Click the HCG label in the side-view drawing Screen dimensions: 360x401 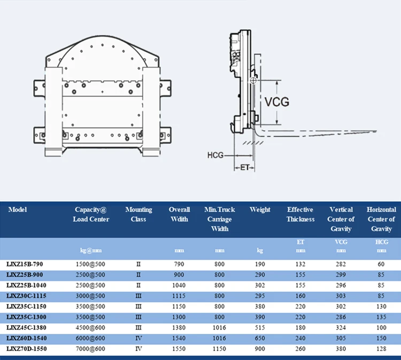coord(215,155)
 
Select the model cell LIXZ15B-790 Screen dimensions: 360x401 coord(25,264)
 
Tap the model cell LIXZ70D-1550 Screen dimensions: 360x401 coord(27,348)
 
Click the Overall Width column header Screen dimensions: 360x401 coord(180,214)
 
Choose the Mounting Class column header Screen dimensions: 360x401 coord(138,214)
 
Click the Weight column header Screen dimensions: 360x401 coord(260,210)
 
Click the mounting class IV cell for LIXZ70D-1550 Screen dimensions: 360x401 coord(138,348)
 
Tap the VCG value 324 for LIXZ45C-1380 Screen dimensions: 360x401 coord(341,327)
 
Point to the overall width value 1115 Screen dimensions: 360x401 coord(180,296)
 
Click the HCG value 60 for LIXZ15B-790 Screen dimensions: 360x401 coord(381,264)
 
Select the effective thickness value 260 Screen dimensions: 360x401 coord(300,348)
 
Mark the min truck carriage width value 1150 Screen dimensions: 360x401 coord(220,348)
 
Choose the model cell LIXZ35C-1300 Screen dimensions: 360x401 coord(27,317)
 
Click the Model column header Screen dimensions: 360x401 coord(18,210)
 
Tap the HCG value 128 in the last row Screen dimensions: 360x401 coord(381,348)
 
